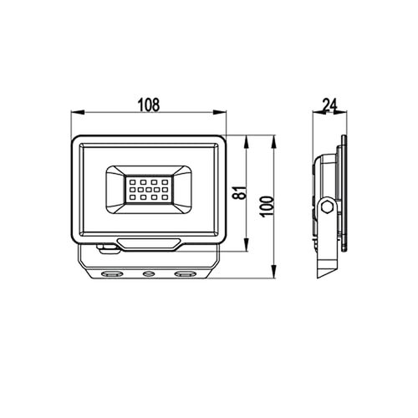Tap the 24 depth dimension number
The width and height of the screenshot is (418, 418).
[328, 105]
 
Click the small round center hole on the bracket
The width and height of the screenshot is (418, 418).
[147, 273]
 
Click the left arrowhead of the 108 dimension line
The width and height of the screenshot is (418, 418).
[73, 115]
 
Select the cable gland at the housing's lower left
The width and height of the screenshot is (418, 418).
[106, 246]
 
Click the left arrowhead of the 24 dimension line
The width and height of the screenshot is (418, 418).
[315, 115]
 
